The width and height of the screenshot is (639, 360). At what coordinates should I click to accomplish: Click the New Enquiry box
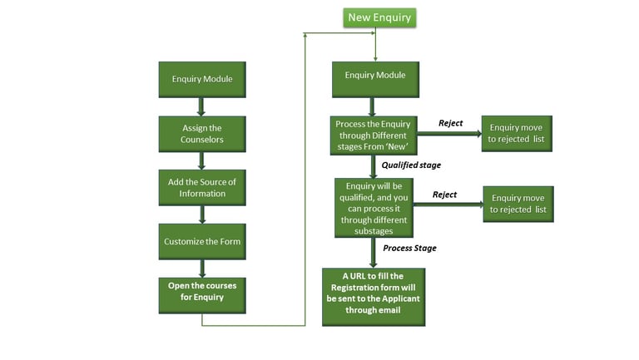pyautogui.click(x=379, y=17)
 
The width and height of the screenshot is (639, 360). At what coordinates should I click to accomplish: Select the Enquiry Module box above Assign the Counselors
pyautogui.click(x=202, y=80)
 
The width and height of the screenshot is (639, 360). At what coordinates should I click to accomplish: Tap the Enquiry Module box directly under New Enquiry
pyautogui.click(x=375, y=76)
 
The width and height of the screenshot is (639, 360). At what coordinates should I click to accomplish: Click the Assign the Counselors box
pyautogui.click(x=202, y=134)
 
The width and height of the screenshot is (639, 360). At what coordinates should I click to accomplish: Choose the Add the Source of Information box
pyautogui.click(x=202, y=188)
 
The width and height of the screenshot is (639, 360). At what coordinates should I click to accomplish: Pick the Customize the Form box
pyautogui.click(x=202, y=241)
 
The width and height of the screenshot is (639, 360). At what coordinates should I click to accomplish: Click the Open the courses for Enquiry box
pyautogui.click(x=202, y=292)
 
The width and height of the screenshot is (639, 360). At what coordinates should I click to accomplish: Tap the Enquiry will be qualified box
pyautogui.click(x=374, y=208)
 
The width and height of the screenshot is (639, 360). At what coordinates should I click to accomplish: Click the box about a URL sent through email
pyautogui.click(x=374, y=296)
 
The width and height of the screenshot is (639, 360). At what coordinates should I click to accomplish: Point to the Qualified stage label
pyautogui.click(x=411, y=165)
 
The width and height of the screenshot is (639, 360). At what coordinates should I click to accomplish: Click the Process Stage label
pyautogui.click(x=409, y=248)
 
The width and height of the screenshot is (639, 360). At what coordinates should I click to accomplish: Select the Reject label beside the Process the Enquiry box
pyautogui.click(x=450, y=123)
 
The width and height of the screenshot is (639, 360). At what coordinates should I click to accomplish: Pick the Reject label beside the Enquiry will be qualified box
pyautogui.click(x=444, y=195)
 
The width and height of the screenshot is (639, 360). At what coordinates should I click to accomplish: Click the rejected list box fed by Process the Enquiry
pyautogui.click(x=516, y=133)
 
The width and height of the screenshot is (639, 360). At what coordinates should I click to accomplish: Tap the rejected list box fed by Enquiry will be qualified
pyautogui.click(x=518, y=204)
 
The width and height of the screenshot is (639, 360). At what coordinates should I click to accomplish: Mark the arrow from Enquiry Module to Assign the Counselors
pyautogui.click(x=201, y=106)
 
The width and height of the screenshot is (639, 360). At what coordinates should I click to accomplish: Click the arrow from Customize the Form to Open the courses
pyautogui.click(x=201, y=268)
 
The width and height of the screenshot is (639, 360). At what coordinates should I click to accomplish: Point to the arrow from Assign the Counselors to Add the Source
pyautogui.click(x=201, y=160)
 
